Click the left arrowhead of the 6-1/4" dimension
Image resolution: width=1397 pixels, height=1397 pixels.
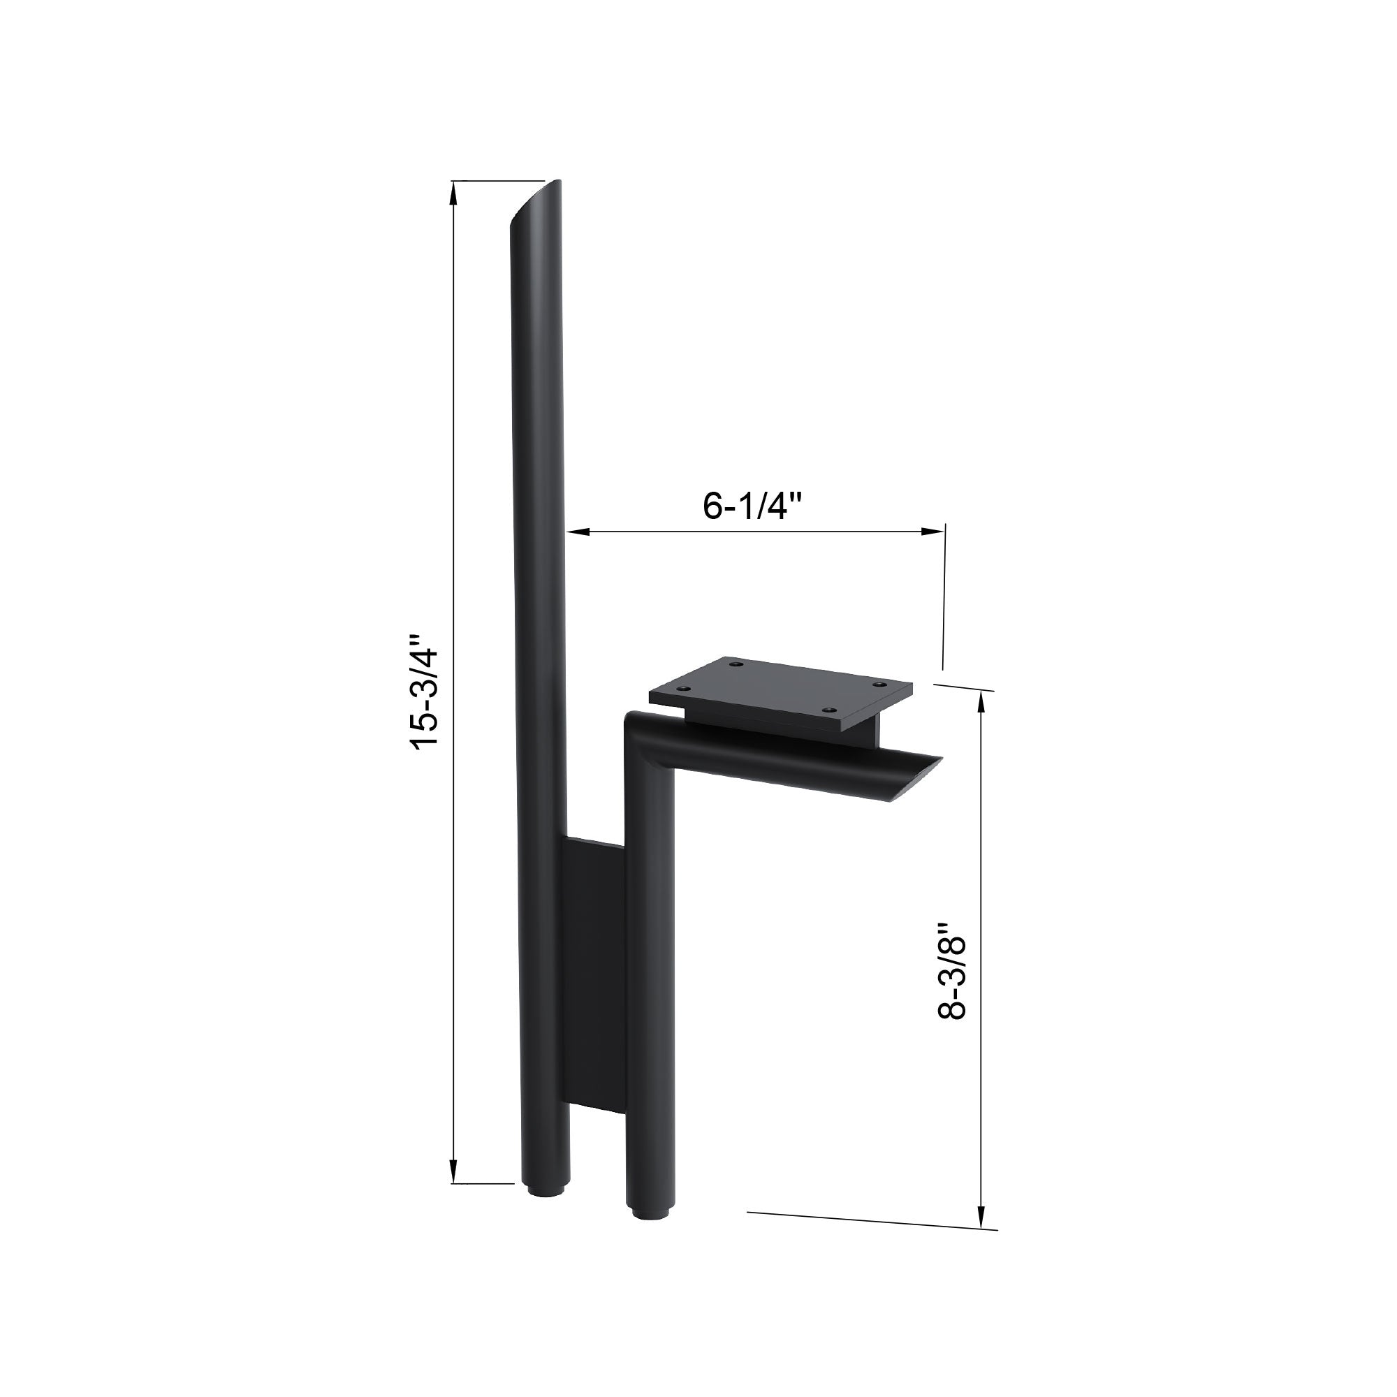coord(578,532)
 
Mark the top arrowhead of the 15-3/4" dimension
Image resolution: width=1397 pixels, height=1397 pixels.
coord(453,193)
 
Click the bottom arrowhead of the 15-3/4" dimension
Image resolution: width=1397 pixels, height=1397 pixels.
coord(453,1170)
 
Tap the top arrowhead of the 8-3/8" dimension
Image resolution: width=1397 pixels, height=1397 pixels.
coord(981,703)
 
